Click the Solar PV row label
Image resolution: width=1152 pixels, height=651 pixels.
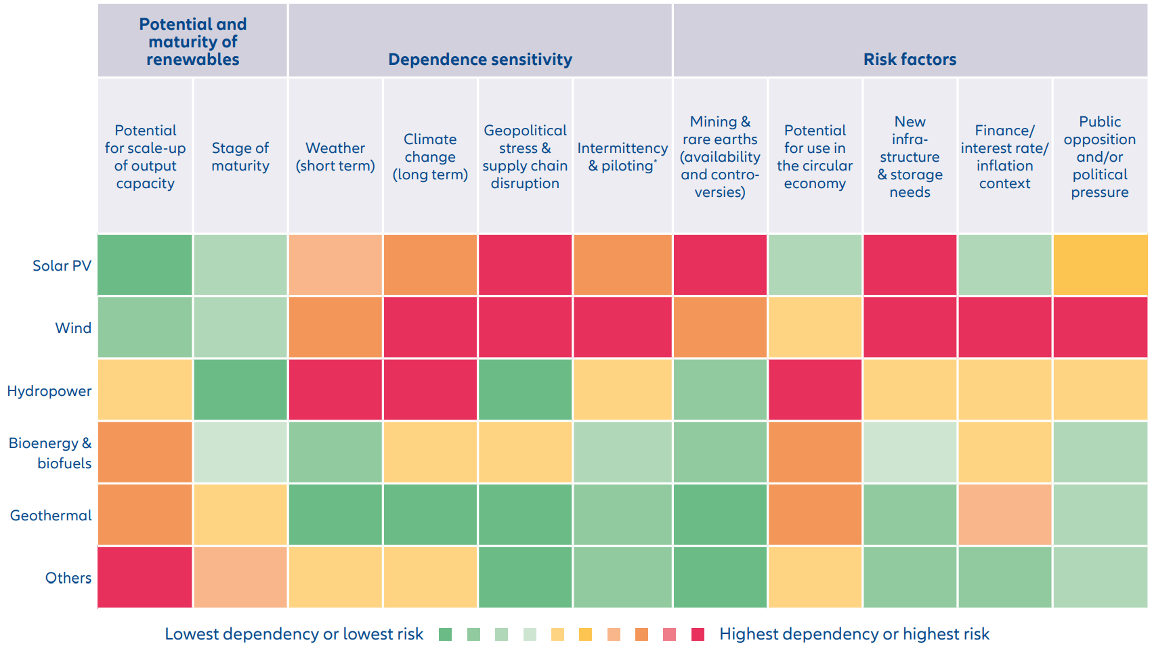(x=62, y=266)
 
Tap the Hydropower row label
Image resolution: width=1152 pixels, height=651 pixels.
(x=49, y=391)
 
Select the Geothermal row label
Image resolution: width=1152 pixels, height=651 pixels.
(x=51, y=516)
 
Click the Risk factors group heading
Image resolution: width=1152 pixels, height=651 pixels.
(x=910, y=60)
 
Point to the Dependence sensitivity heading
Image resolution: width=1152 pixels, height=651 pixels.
(x=480, y=60)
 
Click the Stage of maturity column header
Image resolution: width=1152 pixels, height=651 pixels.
(x=240, y=157)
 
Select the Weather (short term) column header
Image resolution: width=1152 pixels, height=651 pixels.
(x=335, y=157)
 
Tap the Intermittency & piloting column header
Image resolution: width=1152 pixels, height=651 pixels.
(x=622, y=157)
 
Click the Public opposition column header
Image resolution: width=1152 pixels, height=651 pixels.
(x=1099, y=157)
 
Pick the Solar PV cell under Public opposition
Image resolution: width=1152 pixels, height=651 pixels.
(x=1099, y=265)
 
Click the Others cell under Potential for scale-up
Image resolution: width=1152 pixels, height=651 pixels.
(x=145, y=577)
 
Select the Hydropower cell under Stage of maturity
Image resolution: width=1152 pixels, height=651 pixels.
(x=240, y=390)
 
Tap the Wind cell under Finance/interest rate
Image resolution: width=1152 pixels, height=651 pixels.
(x=1004, y=328)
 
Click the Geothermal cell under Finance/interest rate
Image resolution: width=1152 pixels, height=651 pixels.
(x=1004, y=515)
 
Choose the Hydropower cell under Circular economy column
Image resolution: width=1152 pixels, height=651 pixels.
(x=815, y=390)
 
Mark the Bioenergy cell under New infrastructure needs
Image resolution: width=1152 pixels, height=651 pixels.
(x=910, y=452)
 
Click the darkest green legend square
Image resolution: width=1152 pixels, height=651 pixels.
(x=445, y=634)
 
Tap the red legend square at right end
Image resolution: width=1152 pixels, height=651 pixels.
(x=698, y=634)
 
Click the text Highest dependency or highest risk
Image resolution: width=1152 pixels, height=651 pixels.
(x=853, y=634)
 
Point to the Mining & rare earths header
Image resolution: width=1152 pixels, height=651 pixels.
(x=720, y=157)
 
